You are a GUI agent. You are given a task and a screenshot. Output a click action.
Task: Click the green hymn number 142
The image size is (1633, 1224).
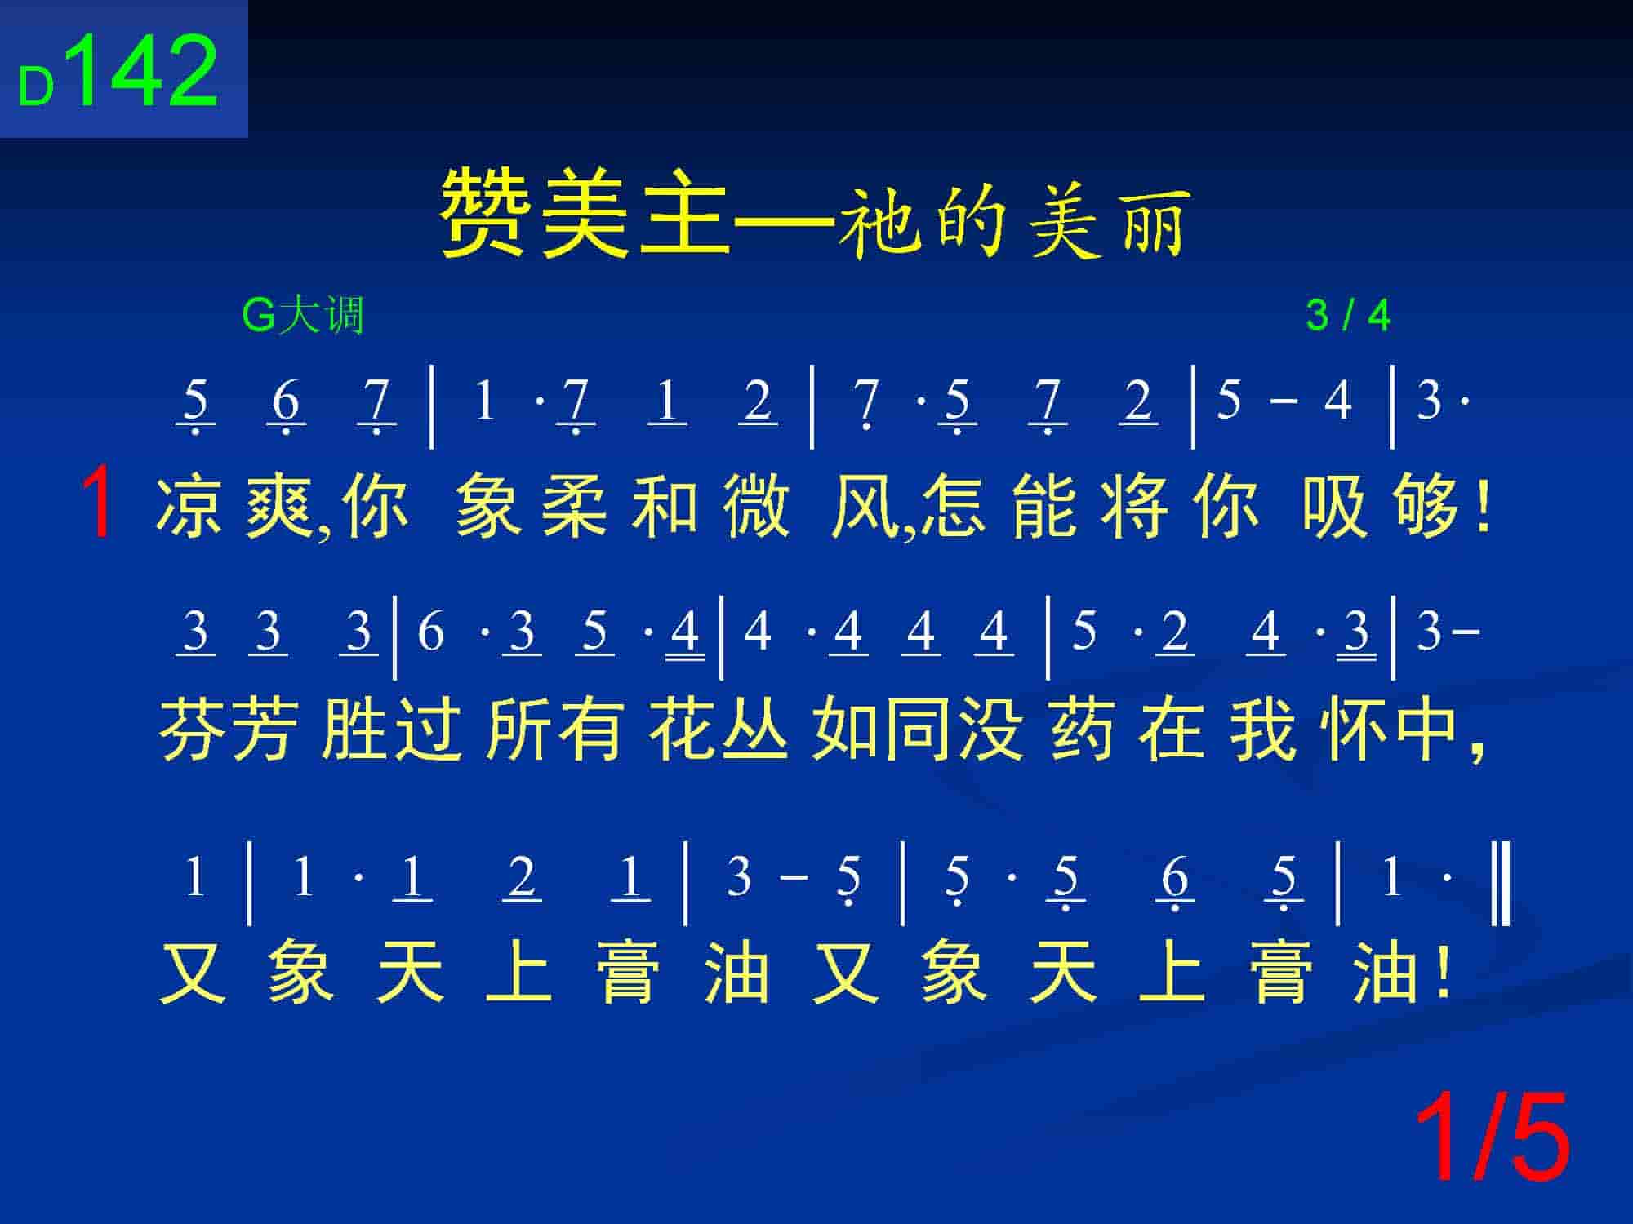(x=147, y=72)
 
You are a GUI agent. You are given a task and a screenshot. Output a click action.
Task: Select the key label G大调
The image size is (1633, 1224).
(x=302, y=315)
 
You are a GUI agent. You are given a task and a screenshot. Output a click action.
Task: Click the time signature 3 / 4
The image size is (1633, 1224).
(x=1348, y=315)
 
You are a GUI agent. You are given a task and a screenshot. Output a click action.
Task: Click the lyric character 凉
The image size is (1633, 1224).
(x=189, y=507)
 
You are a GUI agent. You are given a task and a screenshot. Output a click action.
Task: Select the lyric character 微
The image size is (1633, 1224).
(x=757, y=507)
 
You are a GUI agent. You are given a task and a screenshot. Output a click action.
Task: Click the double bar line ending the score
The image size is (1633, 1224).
(x=1501, y=885)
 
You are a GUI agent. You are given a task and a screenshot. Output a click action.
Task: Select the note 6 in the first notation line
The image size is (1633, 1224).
(x=286, y=401)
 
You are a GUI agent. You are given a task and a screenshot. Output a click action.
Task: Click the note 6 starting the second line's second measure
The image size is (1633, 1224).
(x=429, y=632)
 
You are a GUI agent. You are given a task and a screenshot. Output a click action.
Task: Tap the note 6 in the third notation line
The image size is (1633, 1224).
(x=1175, y=878)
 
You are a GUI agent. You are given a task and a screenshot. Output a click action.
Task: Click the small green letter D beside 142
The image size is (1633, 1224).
(x=36, y=88)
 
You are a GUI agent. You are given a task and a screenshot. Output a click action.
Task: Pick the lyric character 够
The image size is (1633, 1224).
(x=1426, y=507)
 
